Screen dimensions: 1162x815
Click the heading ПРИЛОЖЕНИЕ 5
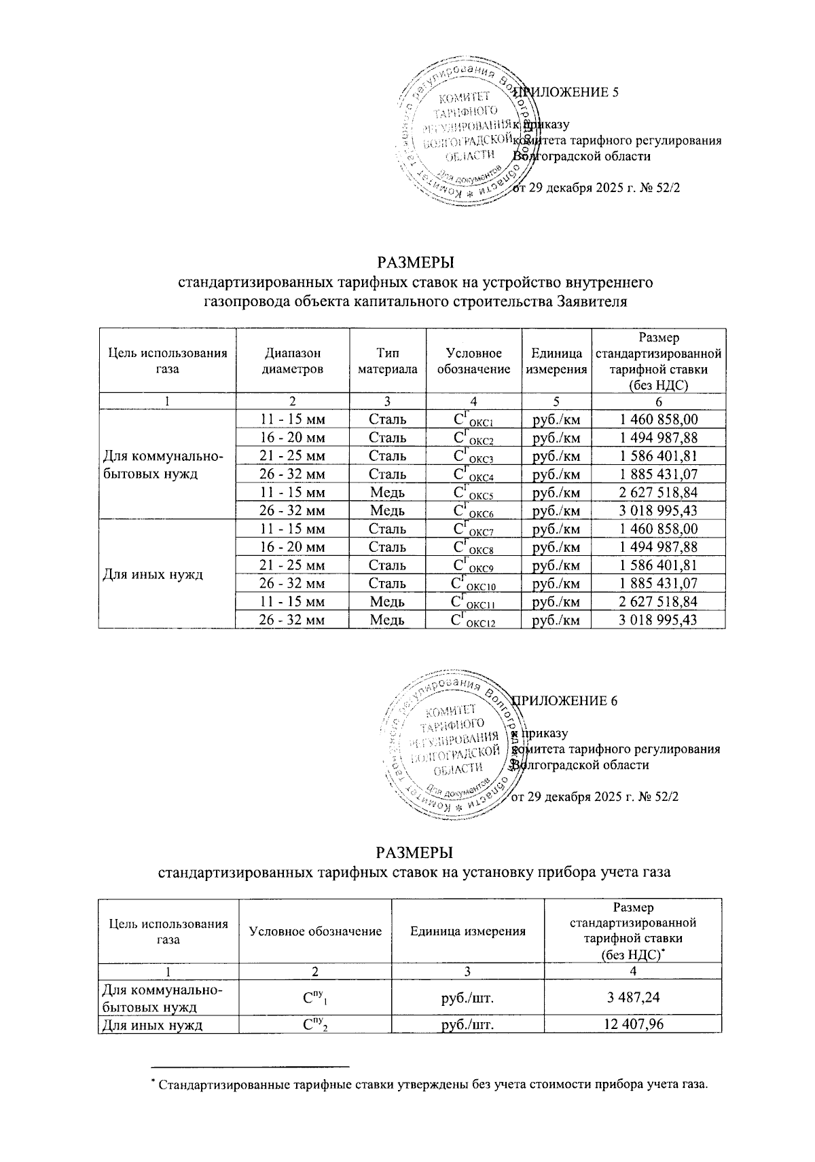pos(566,94)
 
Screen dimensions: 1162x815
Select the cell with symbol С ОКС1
pos(473,420)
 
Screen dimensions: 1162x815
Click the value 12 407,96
pos(633,1024)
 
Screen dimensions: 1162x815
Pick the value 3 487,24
pos(633,997)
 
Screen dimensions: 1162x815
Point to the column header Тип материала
pos(387,361)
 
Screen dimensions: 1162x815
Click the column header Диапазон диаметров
pos(293,361)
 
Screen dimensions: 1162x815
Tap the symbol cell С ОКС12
pos(473,620)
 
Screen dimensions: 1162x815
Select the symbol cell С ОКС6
pos(473,510)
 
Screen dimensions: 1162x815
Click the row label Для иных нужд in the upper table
pos(153,574)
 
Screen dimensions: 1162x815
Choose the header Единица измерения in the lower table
pos(468,931)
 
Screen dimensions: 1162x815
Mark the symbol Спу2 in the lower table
pos(315,1024)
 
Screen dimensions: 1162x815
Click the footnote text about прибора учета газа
pos(432,1083)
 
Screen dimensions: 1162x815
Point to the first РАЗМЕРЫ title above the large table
pos(414,261)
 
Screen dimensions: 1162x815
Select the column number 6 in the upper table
pos(658,402)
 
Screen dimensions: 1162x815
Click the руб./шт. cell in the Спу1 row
pos(468,997)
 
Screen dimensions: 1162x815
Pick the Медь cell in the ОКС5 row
pos(387,492)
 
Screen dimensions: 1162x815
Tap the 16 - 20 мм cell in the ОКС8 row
pos(293,547)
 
